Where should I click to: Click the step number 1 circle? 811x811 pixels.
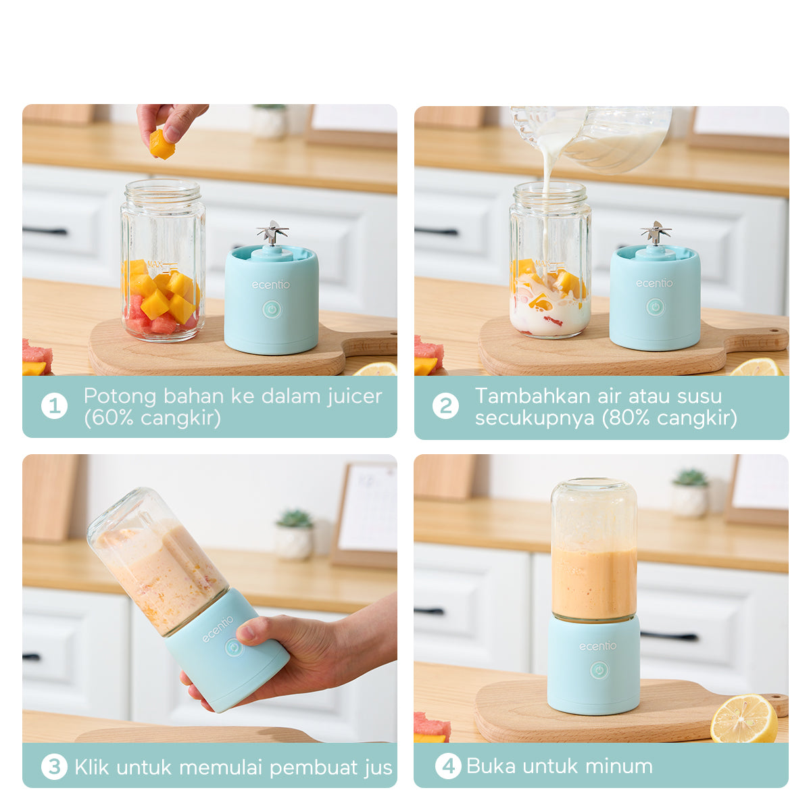pyautogui.click(x=54, y=406)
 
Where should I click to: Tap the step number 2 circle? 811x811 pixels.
pyautogui.click(x=445, y=406)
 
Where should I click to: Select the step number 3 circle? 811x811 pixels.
pyautogui.click(x=54, y=767)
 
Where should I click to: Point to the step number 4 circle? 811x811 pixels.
pyautogui.click(x=447, y=766)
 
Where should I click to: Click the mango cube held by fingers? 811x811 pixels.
pyautogui.click(x=162, y=145)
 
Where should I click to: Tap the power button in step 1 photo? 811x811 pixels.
pyautogui.click(x=272, y=310)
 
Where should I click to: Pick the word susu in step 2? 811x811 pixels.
pyautogui.click(x=699, y=396)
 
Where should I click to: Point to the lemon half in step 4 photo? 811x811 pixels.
pyautogui.click(x=743, y=719)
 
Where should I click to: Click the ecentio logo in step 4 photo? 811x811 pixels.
pyautogui.click(x=597, y=646)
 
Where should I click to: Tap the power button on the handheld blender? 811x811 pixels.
pyautogui.click(x=234, y=647)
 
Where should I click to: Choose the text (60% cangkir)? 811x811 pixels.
pyautogui.click(x=152, y=418)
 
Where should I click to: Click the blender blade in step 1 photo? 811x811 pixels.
pyautogui.click(x=272, y=232)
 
